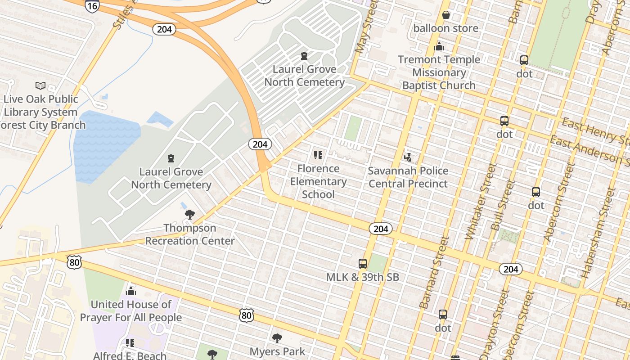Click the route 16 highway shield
(92, 6)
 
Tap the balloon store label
(445, 28)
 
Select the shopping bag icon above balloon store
(445, 15)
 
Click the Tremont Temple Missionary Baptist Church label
(439, 72)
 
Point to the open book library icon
(40, 85)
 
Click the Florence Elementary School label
(318, 181)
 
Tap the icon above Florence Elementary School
(318, 156)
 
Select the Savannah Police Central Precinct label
(408, 177)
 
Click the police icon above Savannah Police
(408, 157)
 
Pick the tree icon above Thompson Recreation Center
(190, 215)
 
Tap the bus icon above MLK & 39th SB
(362, 264)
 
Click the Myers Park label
(277, 351)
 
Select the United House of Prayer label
(130, 311)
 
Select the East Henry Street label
(594, 128)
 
